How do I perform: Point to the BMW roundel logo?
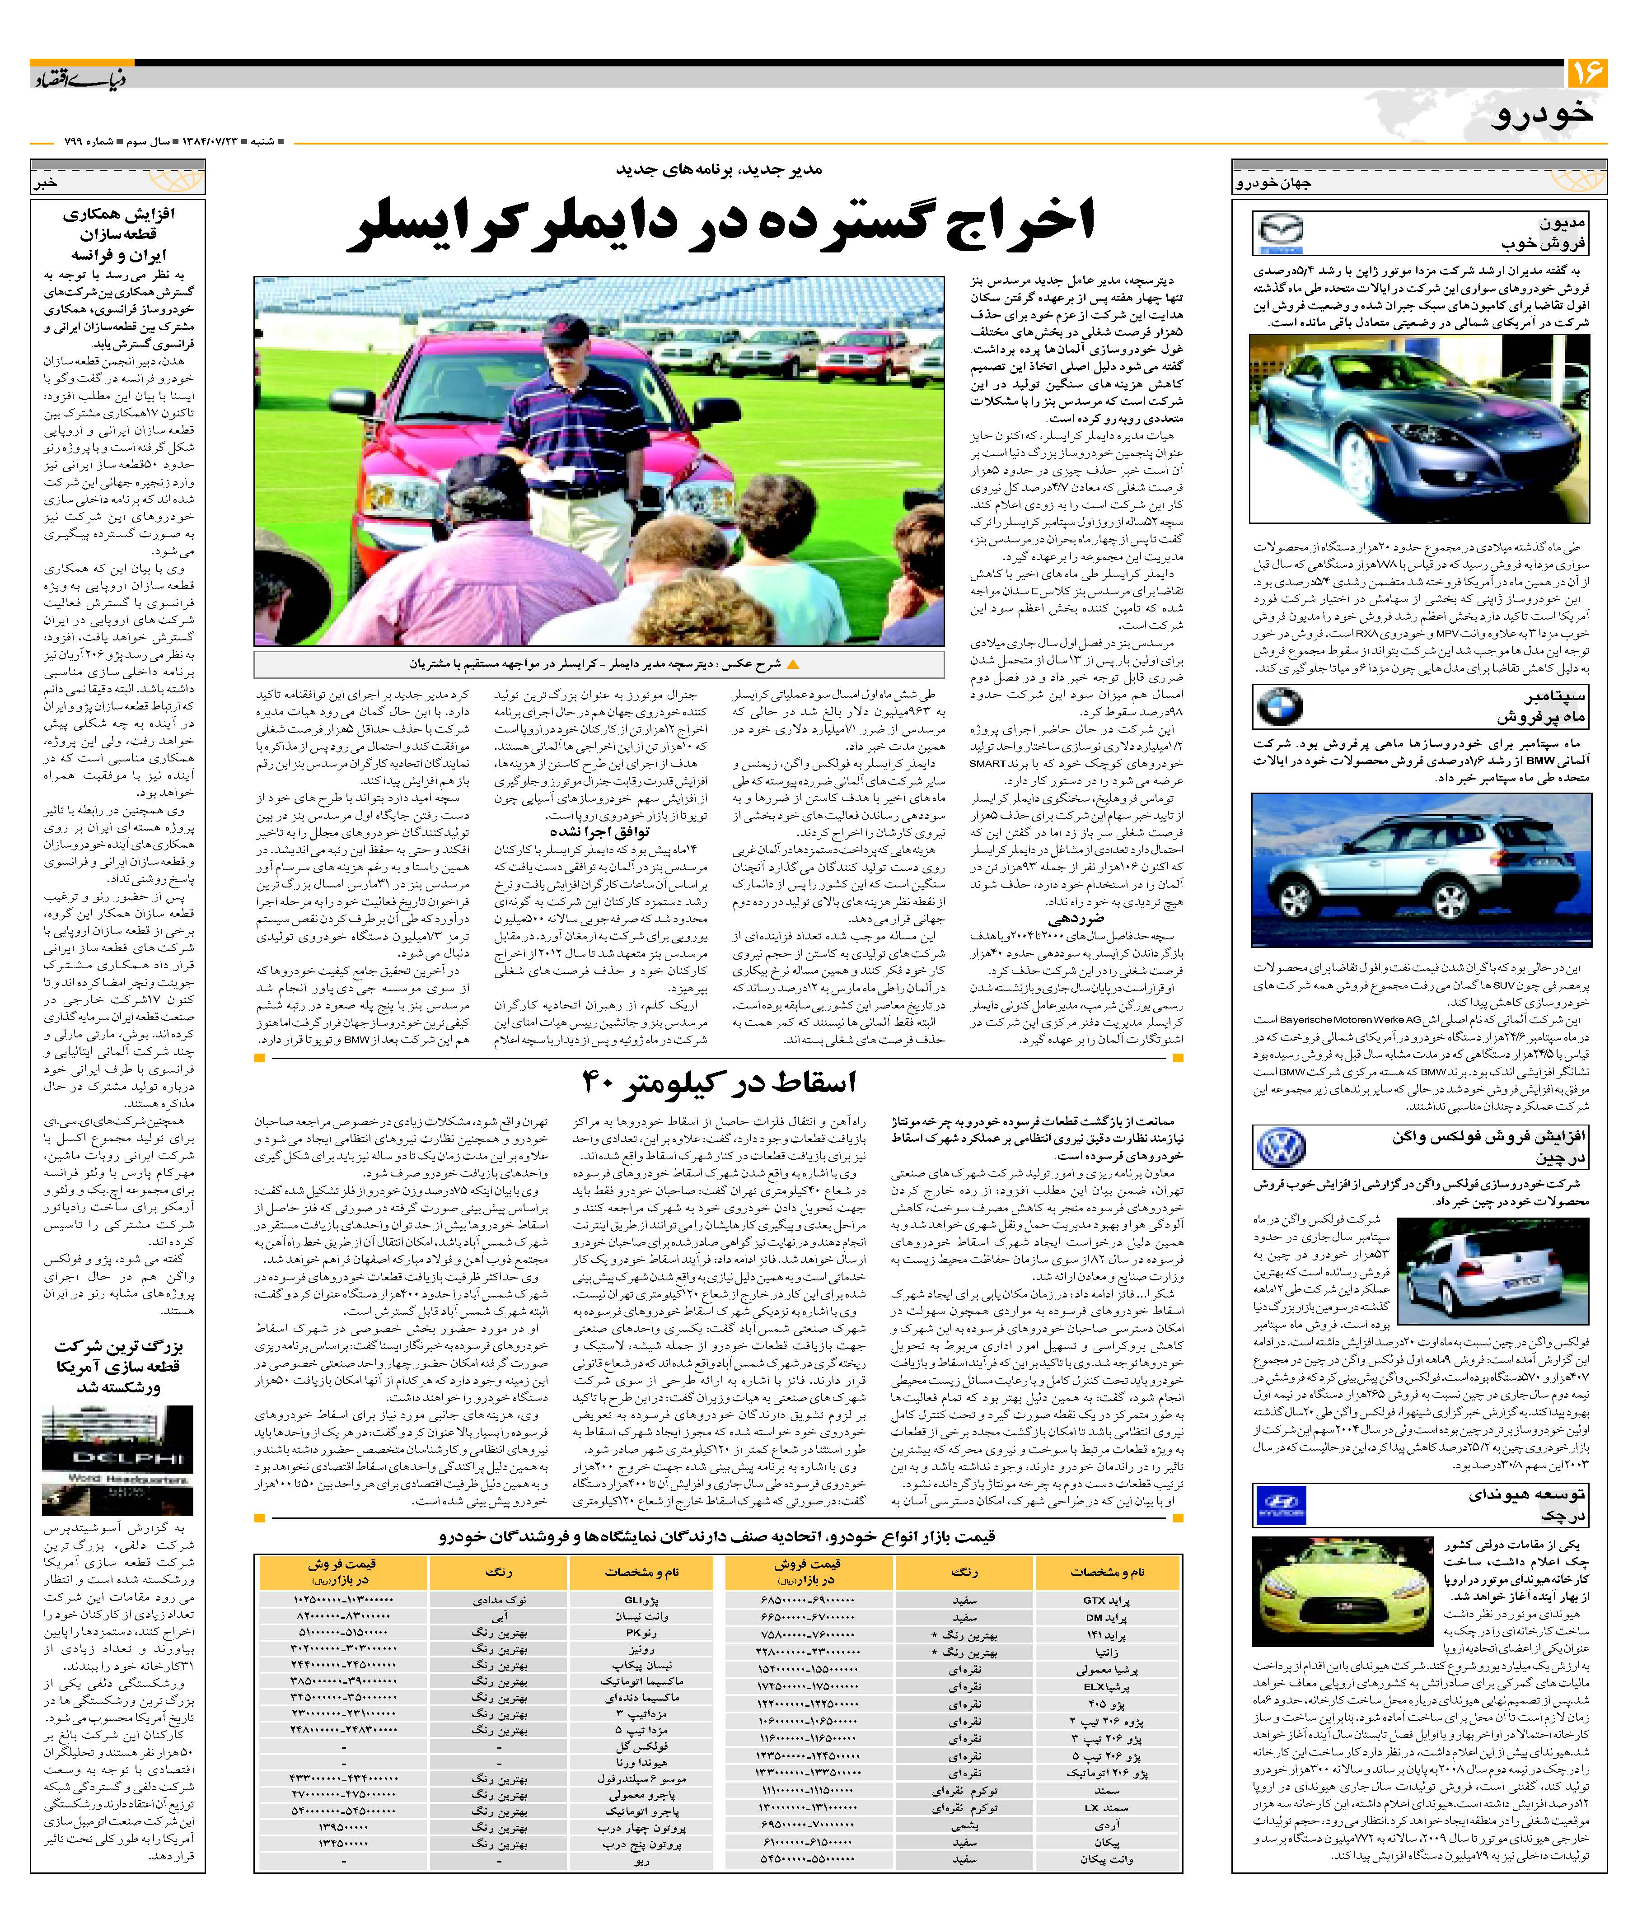pyautogui.click(x=1279, y=707)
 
